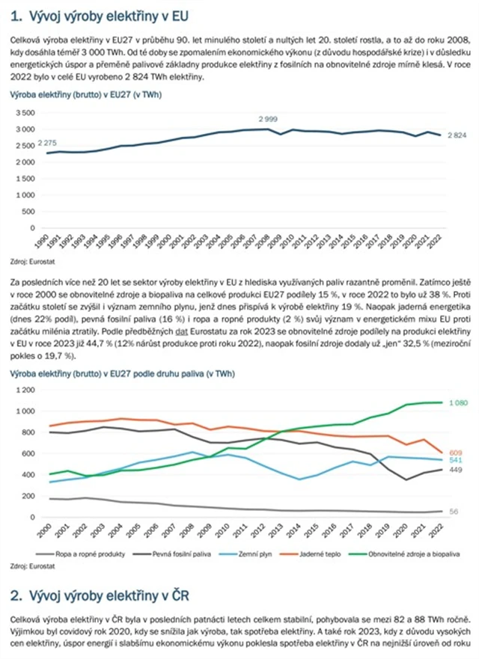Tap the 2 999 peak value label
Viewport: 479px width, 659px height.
pos(271,120)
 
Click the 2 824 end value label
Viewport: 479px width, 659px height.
pos(457,135)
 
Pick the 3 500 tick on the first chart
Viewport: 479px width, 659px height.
pos(25,113)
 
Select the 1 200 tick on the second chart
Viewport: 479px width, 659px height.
pos(24,390)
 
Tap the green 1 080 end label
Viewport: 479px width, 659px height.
pos(459,403)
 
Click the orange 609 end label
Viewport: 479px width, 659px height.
pos(456,453)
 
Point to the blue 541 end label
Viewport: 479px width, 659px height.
pos(456,460)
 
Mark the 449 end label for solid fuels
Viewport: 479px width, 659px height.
pos(456,470)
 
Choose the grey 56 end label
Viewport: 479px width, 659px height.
pos(454,512)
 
